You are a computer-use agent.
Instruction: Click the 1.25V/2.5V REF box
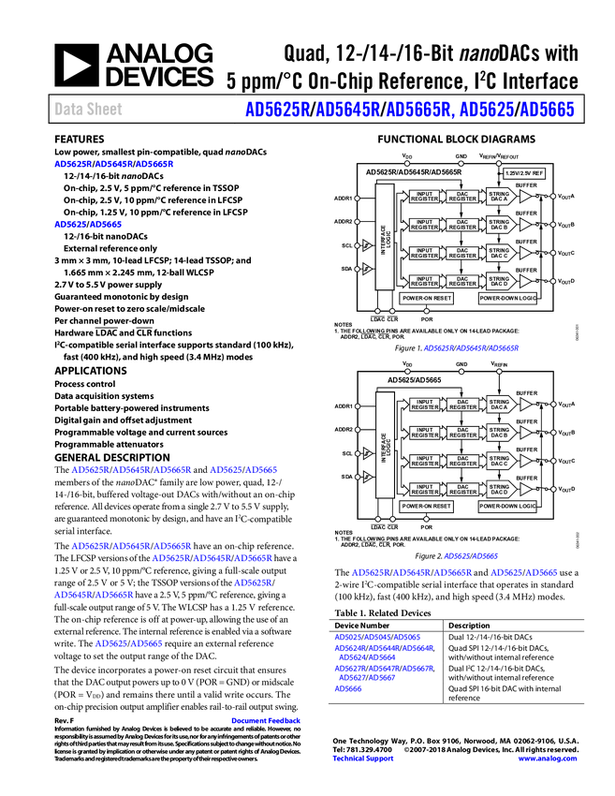point(524,173)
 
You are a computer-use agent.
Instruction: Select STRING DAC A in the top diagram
point(499,197)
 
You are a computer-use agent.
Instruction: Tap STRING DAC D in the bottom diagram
point(499,489)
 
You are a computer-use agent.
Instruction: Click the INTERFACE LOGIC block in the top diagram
point(385,237)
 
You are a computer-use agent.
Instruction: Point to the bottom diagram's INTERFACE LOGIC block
point(385,445)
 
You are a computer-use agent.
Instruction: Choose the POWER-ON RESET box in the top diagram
point(427,299)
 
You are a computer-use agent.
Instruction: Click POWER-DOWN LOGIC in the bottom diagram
point(507,507)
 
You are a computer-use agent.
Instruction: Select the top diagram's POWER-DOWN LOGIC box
point(507,299)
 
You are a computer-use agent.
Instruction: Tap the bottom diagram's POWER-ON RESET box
point(427,507)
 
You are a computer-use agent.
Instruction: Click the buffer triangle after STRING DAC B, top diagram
point(525,225)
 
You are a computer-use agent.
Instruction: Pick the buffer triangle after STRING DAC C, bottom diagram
point(525,461)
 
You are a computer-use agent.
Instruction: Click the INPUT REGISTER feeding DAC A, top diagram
point(425,197)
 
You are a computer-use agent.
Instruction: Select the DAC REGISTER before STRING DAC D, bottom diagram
point(462,489)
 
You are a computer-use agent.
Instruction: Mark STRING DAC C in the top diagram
point(499,253)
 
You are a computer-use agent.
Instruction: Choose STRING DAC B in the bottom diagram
point(499,433)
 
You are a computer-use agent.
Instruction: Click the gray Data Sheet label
point(89,110)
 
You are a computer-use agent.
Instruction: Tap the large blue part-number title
point(409,110)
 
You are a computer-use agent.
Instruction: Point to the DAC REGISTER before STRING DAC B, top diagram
point(462,225)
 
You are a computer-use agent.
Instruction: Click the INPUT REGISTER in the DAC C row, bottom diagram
point(425,461)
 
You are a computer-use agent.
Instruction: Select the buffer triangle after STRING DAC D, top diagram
point(525,281)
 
